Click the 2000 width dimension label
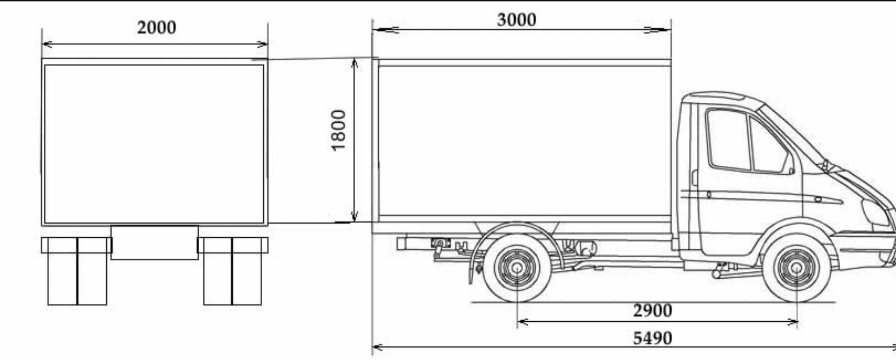pos(157,28)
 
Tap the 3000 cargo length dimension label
pos(517,20)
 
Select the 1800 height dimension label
pos(338,130)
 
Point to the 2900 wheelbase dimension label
pos(652,311)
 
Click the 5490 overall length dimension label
pos(652,338)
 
